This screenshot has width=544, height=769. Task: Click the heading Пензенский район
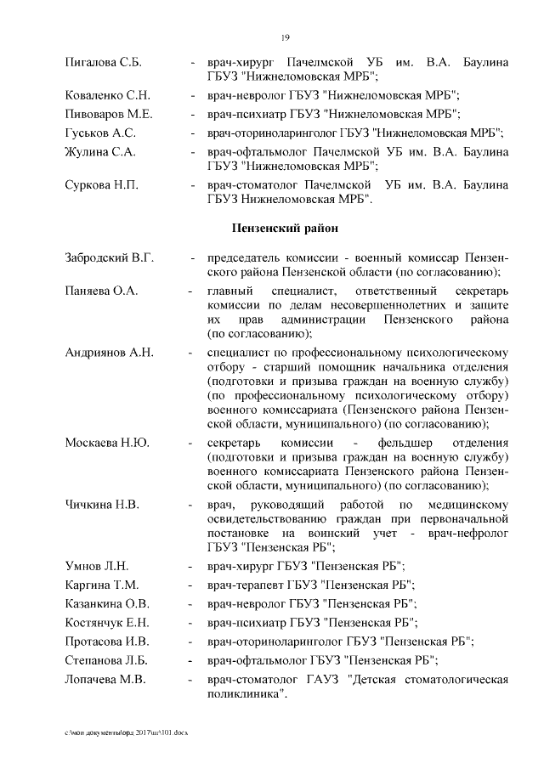(x=285, y=228)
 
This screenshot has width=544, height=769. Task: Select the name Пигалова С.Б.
(x=103, y=63)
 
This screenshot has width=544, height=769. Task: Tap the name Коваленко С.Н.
(x=108, y=95)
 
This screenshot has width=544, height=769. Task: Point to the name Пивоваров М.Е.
(x=108, y=114)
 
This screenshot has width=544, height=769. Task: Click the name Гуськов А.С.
(x=100, y=133)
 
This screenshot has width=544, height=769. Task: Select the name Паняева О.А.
(x=100, y=291)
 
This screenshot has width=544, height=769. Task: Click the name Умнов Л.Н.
(x=97, y=566)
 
